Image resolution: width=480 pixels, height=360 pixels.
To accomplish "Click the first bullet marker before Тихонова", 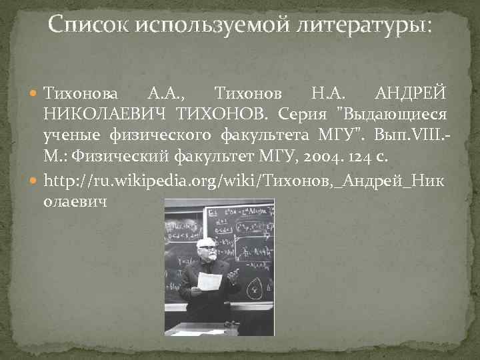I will pyautogui.click(x=35, y=91).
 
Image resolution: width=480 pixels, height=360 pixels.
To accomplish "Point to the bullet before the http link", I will pyautogui.click(x=35, y=181).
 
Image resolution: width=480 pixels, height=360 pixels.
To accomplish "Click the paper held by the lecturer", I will pyautogui.click(x=209, y=281).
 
